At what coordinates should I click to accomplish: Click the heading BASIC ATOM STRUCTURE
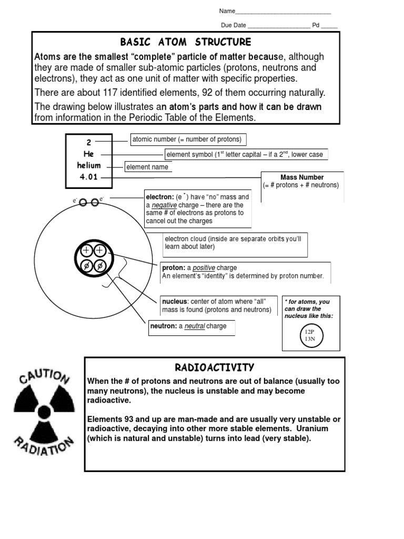(x=186, y=42)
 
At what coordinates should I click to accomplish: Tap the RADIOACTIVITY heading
(x=215, y=367)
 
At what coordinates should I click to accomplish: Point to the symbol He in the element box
(x=88, y=154)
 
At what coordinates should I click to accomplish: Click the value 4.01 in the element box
(x=88, y=177)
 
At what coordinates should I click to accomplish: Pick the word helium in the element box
(x=88, y=165)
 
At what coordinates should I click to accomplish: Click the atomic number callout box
(x=188, y=139)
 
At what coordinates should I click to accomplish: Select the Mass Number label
(x=302, y=177)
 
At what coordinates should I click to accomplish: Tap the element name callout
(x=148, y=167)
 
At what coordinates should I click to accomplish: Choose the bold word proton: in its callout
(x=174, y=268)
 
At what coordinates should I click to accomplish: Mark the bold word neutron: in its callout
(x=164, y=326)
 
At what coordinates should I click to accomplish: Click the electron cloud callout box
(x=235, y=243)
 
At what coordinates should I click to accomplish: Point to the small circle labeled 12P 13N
(x=311, y=335)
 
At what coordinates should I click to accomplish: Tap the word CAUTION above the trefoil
(x=42, y=376)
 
